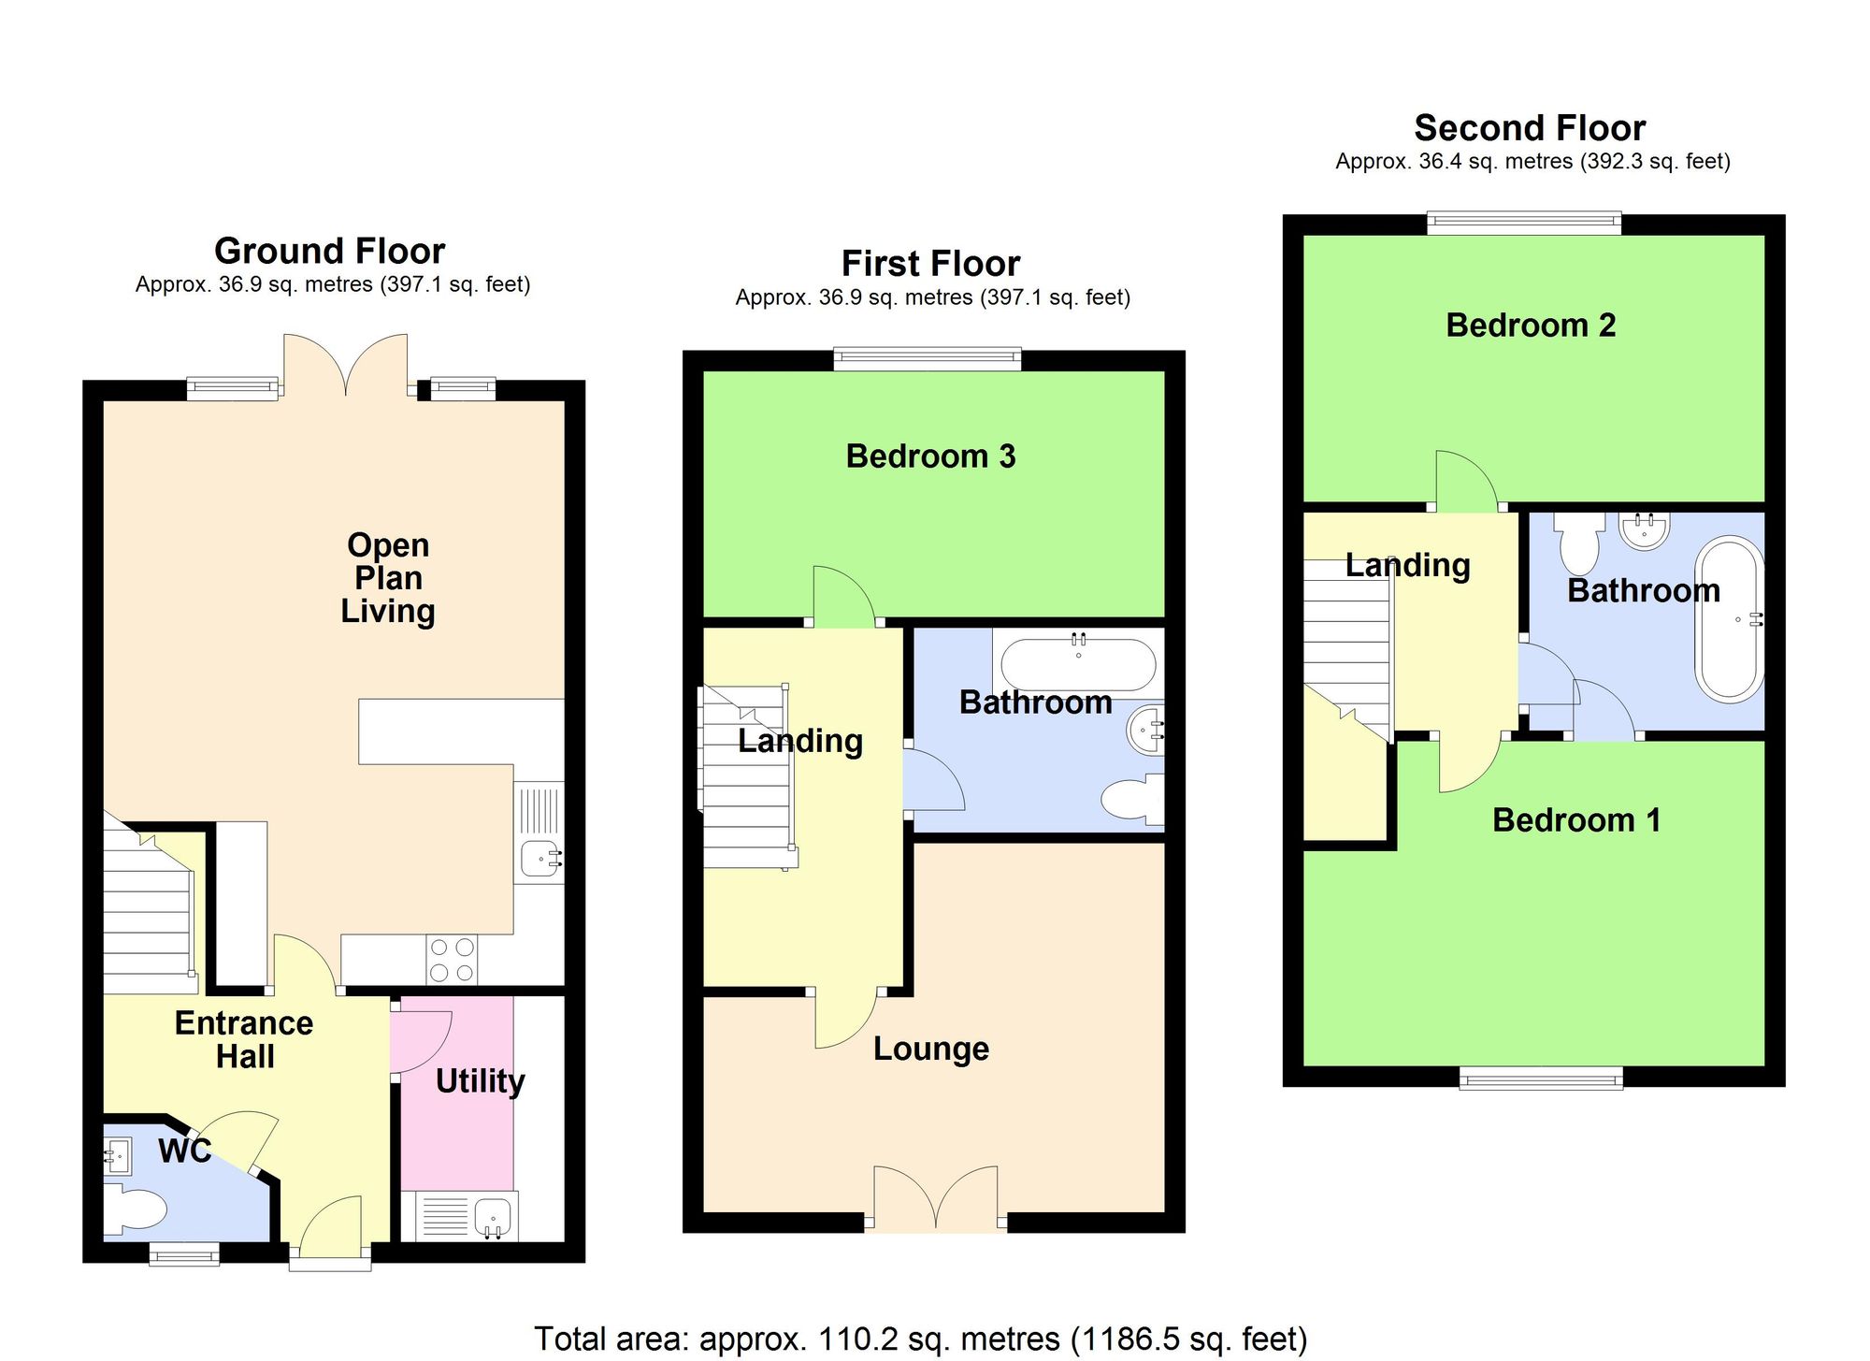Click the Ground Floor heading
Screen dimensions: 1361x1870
[329, 251]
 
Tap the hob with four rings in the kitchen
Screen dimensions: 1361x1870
[452, 960]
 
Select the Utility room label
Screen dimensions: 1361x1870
[480, 1081]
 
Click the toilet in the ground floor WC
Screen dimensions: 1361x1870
[135, 1208]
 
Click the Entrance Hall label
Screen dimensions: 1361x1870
[244, 1039]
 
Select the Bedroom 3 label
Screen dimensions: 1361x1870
[930, 456]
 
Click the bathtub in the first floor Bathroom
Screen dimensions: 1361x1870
[1078, 665]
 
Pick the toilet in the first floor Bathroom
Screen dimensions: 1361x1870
[1132, 800]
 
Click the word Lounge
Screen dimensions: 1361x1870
[930, 1049]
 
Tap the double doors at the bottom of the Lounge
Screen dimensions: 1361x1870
[936, 1199]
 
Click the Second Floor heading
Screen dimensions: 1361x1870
[1530, 128]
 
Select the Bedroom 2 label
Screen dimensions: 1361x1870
[1531, 326]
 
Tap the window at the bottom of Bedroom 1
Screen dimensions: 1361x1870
[1541, 1079]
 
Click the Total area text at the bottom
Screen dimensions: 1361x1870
[920, 1339]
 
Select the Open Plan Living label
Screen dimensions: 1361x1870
[387, 578]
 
